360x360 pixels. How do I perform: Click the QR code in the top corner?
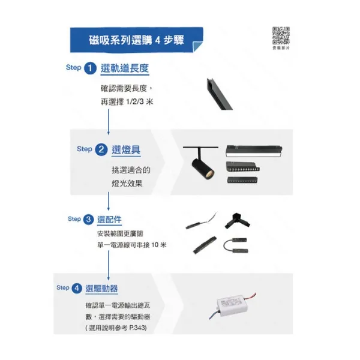[281, 36]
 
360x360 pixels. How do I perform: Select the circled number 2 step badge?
[101, 149]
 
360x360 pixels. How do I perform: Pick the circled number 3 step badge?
[88, 220]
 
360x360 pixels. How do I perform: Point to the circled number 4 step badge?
[77, 289]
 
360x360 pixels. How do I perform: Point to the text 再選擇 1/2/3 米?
[127, 103]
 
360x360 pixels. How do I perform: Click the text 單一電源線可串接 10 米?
[131, 245]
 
